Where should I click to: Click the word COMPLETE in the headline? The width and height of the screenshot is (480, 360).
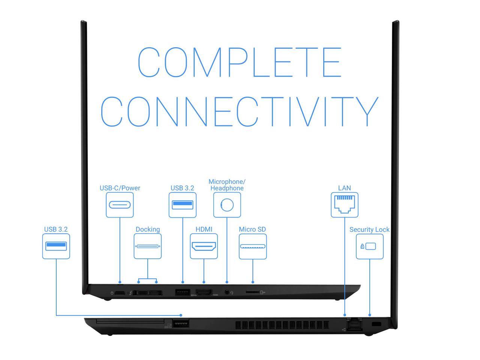coord(239,62)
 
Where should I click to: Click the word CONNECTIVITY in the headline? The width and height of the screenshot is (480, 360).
coord(239,111)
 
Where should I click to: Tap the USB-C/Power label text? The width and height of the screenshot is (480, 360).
coord(120,188)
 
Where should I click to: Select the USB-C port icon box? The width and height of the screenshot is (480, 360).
coord(120,205)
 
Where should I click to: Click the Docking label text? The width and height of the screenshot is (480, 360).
coord(147,229)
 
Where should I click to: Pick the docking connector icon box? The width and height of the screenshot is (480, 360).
coord(147,246)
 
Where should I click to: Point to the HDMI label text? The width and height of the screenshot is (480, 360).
coord(204,229)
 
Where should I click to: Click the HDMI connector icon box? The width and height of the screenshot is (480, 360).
coord(204,246)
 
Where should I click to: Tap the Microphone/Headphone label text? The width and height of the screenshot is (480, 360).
coord(227,185)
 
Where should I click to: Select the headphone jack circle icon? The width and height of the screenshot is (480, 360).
coord(227,205)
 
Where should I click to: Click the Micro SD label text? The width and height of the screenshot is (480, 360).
coord(252,229)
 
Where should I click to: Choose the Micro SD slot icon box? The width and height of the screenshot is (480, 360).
coord(252,246)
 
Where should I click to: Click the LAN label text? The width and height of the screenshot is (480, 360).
coord(344,188)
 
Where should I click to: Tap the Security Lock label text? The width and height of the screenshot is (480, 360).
coord(369,229)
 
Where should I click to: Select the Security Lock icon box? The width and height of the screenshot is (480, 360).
coord(369,246)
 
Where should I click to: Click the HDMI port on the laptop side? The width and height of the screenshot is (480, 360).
coord(204,292)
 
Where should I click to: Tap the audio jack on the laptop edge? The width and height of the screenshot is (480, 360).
coord(227,292)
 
